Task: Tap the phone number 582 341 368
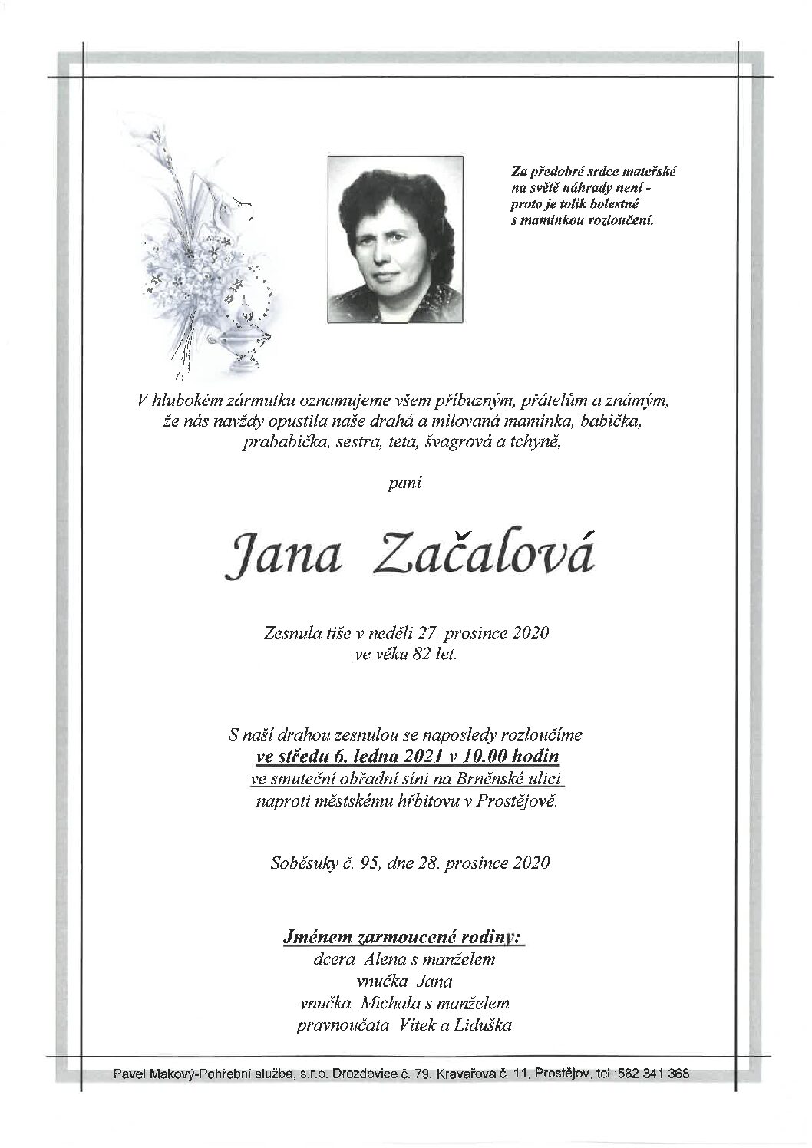(x=659, y=1074)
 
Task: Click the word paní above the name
(x=406, y=483)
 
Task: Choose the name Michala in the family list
(x=391, y=1003)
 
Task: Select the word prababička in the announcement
(x=279, y=443)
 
